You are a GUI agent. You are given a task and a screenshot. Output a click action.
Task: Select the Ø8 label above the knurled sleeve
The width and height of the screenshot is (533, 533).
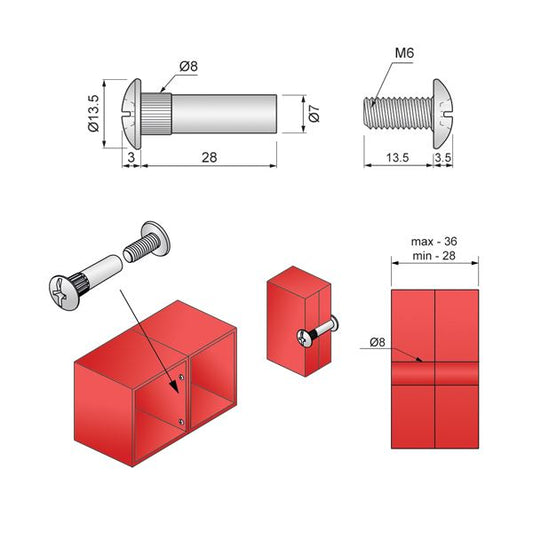[x=189, y=67]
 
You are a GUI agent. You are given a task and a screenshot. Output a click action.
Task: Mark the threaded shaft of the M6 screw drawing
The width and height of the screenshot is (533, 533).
[x=396, y=110]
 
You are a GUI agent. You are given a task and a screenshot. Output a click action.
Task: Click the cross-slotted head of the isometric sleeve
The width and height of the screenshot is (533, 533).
[x=63, y=290]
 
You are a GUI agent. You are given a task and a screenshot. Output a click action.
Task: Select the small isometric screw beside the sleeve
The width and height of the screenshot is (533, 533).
[x=149, y=241]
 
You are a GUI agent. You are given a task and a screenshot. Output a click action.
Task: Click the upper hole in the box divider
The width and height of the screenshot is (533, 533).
[x=178, y=376]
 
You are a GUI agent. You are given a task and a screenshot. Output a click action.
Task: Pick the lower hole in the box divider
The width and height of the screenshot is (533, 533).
[x=178, y=421]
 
